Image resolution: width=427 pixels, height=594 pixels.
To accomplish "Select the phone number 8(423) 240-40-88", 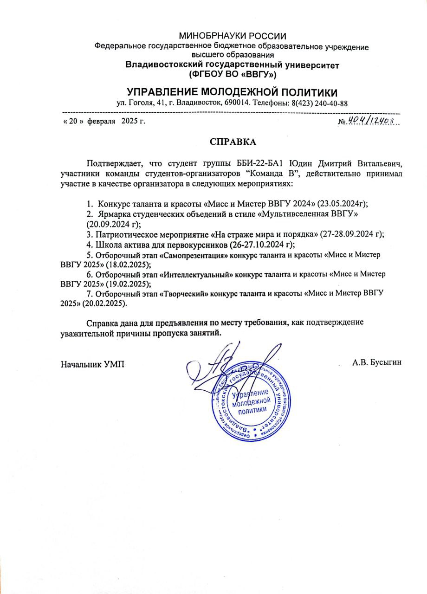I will pos(320,103).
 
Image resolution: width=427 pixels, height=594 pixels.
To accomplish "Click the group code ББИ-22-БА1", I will pos(262,163).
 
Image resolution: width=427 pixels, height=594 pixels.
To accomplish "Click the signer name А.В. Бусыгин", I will pos(376,362).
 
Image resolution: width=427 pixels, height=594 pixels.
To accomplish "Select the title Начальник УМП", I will pos(93,363).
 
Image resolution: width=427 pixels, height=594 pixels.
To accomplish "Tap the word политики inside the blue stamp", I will pos(252,410).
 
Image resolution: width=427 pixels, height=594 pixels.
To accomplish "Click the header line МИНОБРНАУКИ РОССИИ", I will pos(233,36).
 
